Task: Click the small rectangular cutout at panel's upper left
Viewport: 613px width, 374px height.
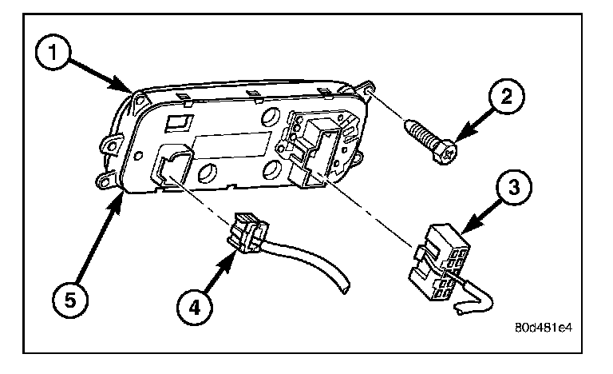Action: [180, 123]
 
